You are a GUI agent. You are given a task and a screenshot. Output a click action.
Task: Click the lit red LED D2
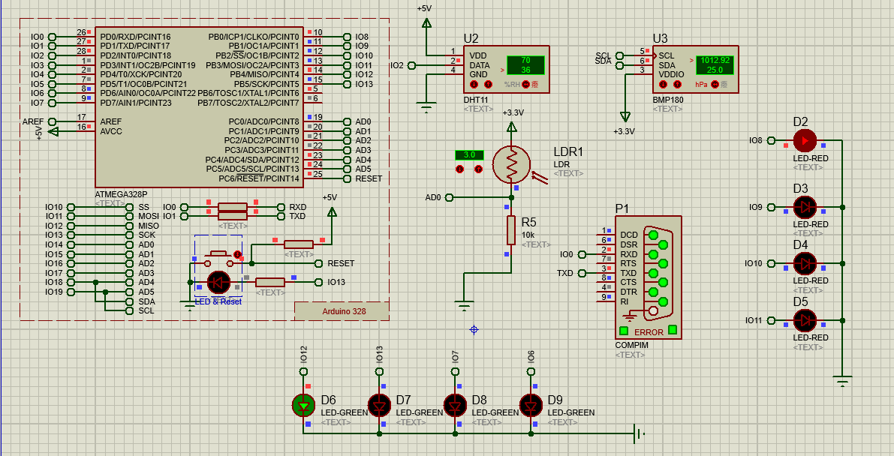[805, 140]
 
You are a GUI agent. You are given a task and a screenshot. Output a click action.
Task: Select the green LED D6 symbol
[303, 405]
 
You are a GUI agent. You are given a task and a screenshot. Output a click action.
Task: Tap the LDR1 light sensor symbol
[511, 164]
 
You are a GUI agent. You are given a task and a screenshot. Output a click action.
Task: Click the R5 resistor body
[511, 230]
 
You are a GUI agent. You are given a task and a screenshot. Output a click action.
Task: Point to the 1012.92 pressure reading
[715, 60]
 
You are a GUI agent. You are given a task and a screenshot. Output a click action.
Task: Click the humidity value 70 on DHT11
[525, 60]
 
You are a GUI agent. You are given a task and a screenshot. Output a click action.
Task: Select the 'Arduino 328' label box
[342, 311]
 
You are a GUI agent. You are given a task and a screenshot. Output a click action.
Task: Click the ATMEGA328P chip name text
[121, 193]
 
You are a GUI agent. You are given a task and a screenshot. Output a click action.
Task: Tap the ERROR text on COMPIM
[649, 332]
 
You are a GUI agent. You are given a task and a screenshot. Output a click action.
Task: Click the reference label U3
[661, 39]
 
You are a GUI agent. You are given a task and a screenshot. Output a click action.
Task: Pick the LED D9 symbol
[531, 405]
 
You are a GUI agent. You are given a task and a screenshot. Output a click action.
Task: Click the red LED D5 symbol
[805, 320]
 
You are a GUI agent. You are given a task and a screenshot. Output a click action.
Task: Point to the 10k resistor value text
[528, 235]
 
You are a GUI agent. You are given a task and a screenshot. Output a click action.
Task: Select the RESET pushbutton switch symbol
[219, 258]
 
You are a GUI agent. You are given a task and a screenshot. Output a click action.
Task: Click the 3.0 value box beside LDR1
[469, 155]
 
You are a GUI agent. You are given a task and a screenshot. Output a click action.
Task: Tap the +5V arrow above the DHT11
[426, 22]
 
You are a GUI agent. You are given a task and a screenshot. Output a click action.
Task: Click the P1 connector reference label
[622, 208]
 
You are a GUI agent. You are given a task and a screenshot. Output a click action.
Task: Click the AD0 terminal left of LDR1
[449, 197]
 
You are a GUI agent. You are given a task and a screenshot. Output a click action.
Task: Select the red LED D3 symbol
[805, 207]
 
